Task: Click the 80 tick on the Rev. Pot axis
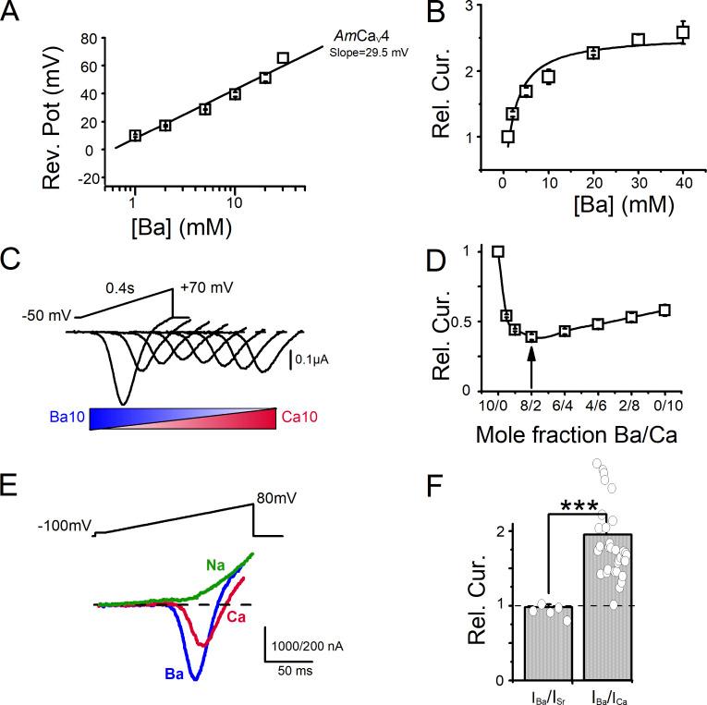pyautogui.click(x=89, y=39)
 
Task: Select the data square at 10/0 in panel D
pyautogui.click(x=498, y=251)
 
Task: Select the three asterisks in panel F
pyautogui.click(x=578, y=505)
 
